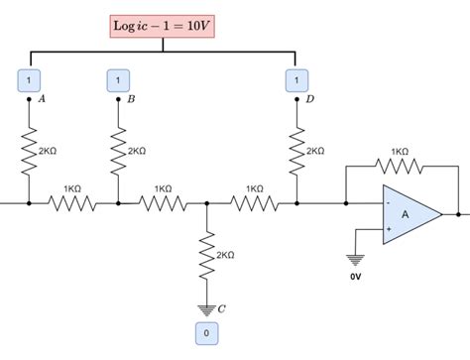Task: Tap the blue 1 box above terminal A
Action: (29, 78)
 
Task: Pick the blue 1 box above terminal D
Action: (294, 78)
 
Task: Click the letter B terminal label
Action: (130, 99)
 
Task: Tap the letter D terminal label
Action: (309, 99)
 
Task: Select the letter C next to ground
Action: (221, 308)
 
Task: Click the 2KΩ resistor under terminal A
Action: (29, 151)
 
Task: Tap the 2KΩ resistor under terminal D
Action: (295, 151)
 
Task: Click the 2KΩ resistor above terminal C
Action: (206, 256)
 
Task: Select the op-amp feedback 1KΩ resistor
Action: (399, 165)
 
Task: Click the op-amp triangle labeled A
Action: (408, 213)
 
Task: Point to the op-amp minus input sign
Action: (388, 203)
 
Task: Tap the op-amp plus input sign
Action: (388, 228)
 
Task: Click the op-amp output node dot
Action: (457, 213)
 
